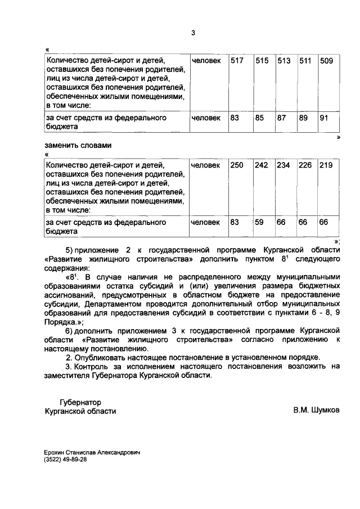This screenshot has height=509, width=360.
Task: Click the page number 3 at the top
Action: (x=192, y=33)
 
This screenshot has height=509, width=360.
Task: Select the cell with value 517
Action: (x=237, y=61)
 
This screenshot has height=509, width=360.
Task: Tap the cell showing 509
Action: (x=326, y=61)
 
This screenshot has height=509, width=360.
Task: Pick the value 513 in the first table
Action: (x=283, y=61)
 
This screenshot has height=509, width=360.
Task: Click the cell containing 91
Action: (x=324, y=118)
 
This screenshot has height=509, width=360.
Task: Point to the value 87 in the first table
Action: (x=282, y=118)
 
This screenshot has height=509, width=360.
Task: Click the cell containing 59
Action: (x=259, y=222)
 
